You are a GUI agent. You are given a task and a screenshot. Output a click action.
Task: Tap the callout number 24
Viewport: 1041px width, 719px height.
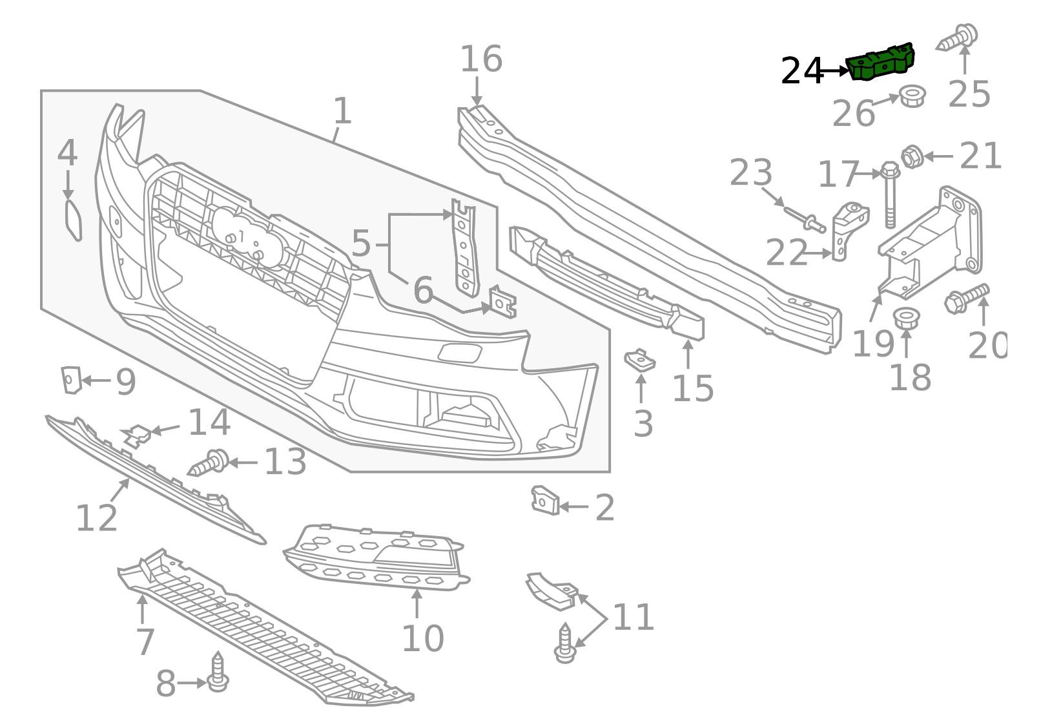coord(802,71)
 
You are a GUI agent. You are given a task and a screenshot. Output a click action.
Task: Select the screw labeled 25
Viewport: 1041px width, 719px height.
coord(958,37)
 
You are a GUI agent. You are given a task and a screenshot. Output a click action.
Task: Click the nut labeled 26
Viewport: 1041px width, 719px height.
coord(912,97)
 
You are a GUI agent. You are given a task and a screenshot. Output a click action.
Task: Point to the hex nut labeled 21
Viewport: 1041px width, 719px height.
coord(911,156)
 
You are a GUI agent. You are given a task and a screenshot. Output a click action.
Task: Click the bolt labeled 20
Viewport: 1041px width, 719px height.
coord(966,298)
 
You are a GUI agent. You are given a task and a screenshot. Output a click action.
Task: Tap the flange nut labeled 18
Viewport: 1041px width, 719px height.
coord(906,318)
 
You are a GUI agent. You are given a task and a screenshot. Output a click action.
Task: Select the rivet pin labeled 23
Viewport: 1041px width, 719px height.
coord(805,218)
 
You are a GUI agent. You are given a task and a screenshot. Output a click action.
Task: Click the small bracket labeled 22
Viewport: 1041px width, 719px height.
coord(849,229)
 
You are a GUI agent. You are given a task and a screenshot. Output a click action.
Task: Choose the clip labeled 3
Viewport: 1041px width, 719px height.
coord(639,360)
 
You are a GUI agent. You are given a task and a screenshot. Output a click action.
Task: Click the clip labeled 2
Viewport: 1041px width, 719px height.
coord(545,501)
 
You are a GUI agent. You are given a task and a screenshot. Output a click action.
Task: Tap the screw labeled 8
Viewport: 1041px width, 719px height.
coord(218,673)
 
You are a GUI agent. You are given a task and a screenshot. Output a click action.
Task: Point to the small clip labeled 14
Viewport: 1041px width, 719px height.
coord(137,435)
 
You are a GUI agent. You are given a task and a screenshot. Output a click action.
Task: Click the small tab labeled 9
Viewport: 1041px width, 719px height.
coord(70,379)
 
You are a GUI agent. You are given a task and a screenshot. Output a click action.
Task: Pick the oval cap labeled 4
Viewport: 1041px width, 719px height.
coord(74,220)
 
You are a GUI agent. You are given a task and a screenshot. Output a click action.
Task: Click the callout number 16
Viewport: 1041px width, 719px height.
coord(480,59)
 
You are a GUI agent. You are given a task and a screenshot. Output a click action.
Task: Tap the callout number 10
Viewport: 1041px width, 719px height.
coord(422,638)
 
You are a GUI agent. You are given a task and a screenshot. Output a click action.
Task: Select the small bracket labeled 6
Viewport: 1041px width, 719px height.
coord(502,302)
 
